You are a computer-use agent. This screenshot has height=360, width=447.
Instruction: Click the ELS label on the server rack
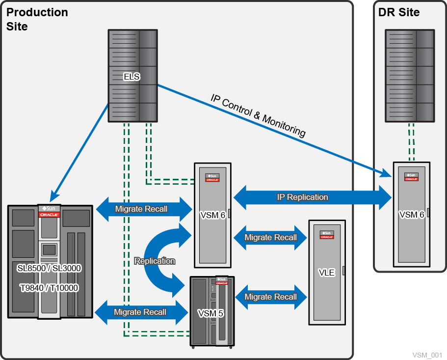click(x=131, y=76)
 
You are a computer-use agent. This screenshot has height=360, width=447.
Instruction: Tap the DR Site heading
click(x=399, y=12)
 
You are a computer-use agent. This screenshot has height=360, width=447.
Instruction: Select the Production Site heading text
click(x=37, y=19)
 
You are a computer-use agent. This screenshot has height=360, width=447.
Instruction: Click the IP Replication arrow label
click(x=302, y=197)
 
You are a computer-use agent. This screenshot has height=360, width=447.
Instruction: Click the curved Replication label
click(x=155, y=261)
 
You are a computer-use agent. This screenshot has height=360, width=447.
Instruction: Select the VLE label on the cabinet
click(x=327, y=273)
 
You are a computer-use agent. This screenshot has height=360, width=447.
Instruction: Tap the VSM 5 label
click(x=210, y=313)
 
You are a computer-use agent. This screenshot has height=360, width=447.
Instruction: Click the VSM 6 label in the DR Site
click(x=412, y=215)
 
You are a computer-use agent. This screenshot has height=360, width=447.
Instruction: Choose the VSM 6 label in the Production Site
click(x=212, y=215)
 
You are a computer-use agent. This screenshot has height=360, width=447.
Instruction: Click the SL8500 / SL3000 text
click(x=49, y=268)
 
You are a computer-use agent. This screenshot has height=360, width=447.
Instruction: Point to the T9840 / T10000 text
click(x=49, y=287)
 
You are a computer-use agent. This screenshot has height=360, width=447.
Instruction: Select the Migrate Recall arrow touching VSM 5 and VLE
click(x=270, y=297)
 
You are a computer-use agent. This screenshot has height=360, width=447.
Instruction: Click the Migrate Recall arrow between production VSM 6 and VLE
click(x=270, y=237)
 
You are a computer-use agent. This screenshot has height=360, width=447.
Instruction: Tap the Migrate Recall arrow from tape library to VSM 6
click(x=141, y=209)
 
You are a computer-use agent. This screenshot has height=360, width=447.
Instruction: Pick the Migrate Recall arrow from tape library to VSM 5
click(x=140, y=312)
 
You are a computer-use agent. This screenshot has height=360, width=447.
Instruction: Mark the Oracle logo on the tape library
click(x=49, y=215)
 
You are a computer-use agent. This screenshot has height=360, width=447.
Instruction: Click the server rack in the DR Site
click(x=409, y=76)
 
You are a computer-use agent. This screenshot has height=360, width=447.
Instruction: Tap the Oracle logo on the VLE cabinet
click(x=326, y=237)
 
